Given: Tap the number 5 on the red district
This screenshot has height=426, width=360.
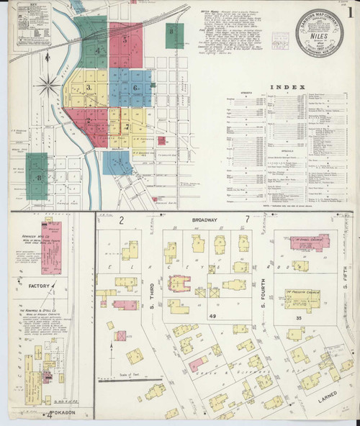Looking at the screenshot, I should point(125,41).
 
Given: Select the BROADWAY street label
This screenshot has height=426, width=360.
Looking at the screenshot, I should point(195,219).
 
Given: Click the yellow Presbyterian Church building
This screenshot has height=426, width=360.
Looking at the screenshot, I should point(302,296).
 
